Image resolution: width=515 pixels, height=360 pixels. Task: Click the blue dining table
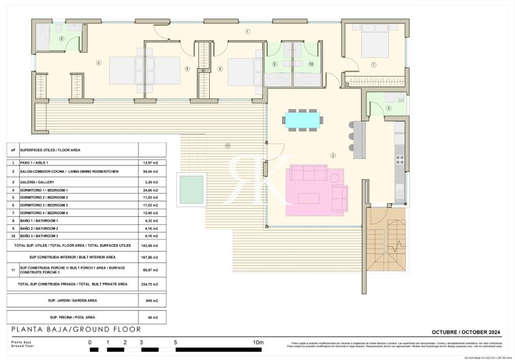click(302, 120)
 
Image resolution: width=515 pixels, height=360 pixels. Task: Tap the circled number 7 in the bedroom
click(373, 65)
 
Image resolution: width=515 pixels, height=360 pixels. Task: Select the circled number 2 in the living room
click(333, 155)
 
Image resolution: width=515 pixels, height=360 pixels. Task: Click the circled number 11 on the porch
click(228, 145)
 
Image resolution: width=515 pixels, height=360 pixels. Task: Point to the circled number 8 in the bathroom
click(61, 39)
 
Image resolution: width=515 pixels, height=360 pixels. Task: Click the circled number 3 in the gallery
click(388, 108)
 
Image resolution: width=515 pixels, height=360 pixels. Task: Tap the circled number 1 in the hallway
click(248, 31)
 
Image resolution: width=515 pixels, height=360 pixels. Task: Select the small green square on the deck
click(191, 188)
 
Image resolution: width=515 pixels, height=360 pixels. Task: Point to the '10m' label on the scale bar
click(258, 342)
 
